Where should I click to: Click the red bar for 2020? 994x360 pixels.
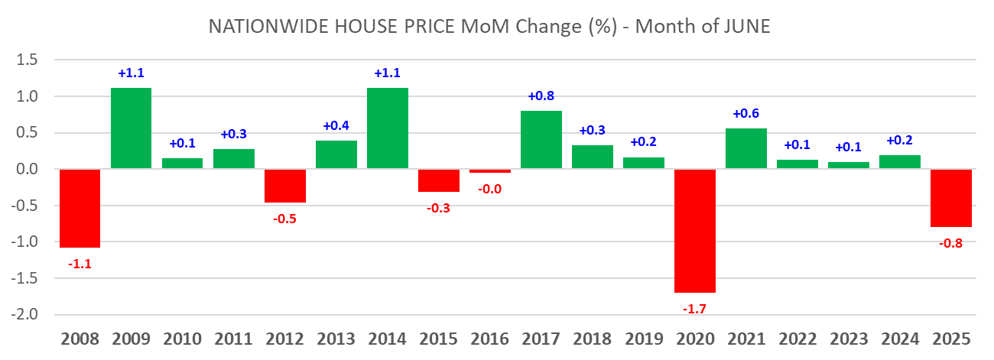pos(695,231)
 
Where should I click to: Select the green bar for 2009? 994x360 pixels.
pos(131,128)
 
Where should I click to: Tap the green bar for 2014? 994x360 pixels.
pos(387,128)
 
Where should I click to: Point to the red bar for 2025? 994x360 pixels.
pos(950,198)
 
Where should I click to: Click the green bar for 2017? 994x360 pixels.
pos(541,140)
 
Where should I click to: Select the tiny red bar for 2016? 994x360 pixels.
pos(490,171)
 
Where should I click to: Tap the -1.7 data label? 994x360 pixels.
pos(695,308)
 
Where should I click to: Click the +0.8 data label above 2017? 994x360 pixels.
pos(541,96)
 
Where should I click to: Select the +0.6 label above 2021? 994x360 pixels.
pos(745,113)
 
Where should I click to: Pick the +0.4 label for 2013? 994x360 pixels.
pos(336,125)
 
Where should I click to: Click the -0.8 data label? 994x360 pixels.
pos(950,243)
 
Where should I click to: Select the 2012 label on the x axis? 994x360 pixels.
pos(285,339)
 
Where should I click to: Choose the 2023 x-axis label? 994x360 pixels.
pos(848,339)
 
